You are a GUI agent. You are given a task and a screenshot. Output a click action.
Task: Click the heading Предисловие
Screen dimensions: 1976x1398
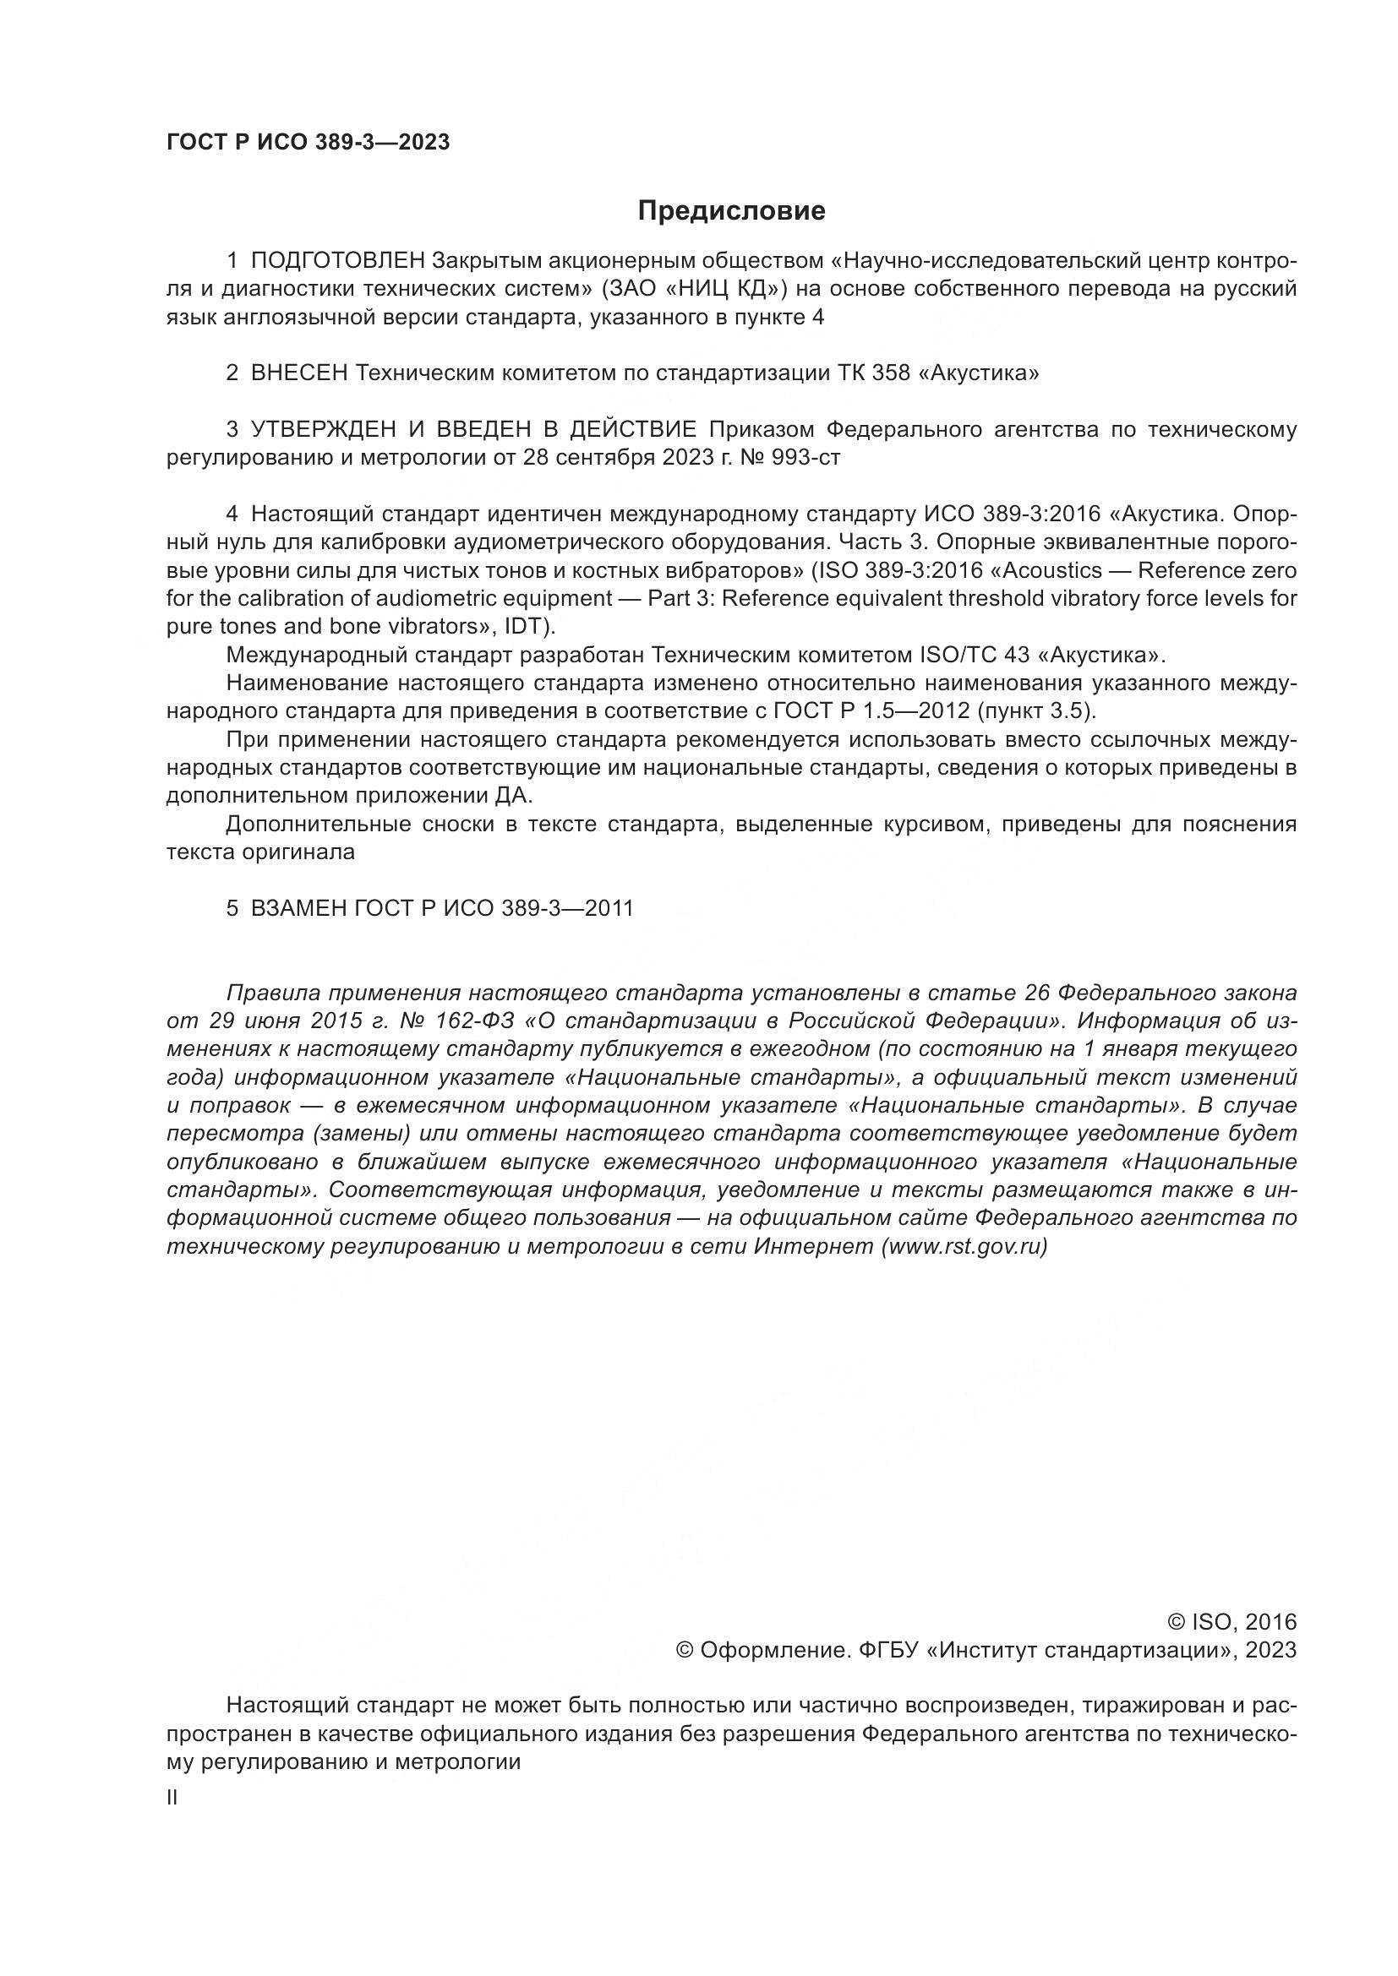tap(731, 211)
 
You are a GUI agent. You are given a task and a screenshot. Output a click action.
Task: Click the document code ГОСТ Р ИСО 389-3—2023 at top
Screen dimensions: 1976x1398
tap(309, 143)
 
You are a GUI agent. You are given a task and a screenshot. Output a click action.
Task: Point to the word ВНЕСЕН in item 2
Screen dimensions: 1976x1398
tap(298, 373)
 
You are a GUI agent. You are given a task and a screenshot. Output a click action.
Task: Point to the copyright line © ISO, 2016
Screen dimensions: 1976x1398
tap(1231, 1623)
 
